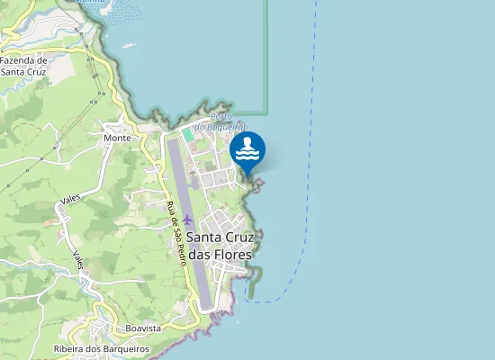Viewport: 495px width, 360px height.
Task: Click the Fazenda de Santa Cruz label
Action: (24, 66)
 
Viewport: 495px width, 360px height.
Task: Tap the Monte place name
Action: (117, 138)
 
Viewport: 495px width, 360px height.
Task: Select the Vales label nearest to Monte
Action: (70, 197)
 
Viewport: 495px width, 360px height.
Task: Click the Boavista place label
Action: (143, 328)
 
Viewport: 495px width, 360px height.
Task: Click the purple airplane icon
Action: (187, 220)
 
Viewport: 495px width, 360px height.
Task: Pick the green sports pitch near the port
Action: (187, 134)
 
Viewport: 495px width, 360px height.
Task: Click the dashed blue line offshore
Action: (306, 180)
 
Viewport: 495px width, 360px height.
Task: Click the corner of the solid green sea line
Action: (268, 113)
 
